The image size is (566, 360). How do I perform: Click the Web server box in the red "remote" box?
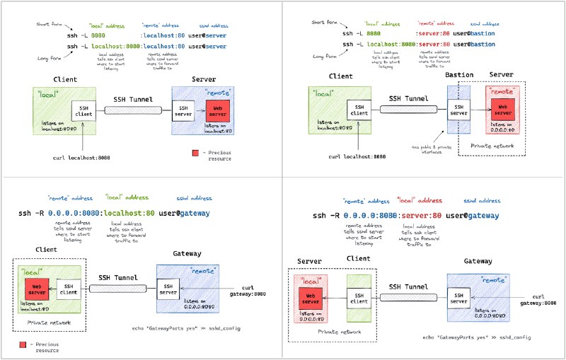[503, 108]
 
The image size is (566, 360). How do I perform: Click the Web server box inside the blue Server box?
[218, 110]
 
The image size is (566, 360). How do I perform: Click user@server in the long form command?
[209, 47]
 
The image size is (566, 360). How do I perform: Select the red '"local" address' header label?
[415, 200]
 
